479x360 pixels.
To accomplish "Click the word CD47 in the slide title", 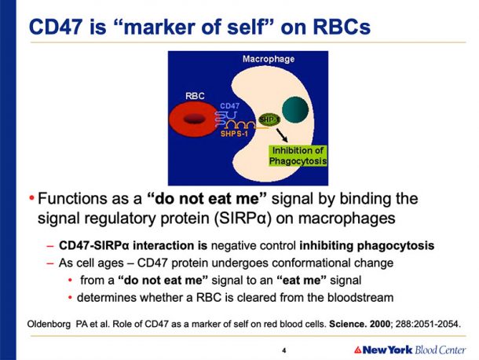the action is coord(56,27).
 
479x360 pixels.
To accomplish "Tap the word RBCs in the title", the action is coord(342,27).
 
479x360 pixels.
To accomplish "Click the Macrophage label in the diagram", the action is coord(269,59).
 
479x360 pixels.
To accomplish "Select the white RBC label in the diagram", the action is coord(195,96).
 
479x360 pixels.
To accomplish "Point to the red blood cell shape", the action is coord(192,119).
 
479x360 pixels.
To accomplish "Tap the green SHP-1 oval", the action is coord(269,119).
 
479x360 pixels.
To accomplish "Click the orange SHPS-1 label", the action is coord(234,134).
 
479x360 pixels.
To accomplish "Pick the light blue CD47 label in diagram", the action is coord(230,106).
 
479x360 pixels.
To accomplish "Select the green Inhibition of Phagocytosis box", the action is coord(298,156).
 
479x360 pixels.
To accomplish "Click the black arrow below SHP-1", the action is coord(282,135).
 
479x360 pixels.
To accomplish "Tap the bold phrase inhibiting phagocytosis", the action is coord(367,245).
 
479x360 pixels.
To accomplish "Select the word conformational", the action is coord(309,263).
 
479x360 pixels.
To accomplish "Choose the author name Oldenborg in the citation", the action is coord(49,324).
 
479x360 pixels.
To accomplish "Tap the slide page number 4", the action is coord(284,351).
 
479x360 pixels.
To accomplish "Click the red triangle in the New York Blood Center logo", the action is coord(358,350).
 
